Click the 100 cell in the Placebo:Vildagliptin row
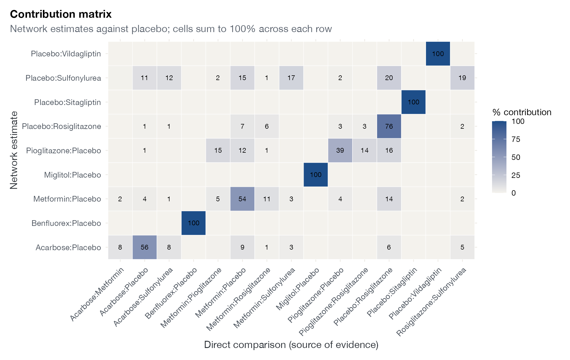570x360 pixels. click(438, 54)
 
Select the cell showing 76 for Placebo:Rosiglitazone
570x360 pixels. click(389, 126)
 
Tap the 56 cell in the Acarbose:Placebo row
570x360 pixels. click(145, 247)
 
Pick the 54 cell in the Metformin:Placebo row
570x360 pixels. click(242, 199)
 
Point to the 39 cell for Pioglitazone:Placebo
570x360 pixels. click(340, 150)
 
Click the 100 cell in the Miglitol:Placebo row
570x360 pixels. click(316, 175)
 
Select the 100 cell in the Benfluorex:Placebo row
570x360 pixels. click(193, 223)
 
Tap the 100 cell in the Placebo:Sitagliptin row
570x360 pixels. click(413, 102)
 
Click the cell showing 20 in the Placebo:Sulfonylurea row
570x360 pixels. click(389, 78)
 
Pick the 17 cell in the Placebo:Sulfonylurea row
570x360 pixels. click(291, 78)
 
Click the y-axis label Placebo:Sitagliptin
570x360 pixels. click(67, 102)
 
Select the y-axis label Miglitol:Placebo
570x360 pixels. click(73, 175)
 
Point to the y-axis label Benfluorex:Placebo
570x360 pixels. click(66, 223)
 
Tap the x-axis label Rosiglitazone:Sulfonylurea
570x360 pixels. click(431, 301)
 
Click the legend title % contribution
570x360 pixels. click(522, 112)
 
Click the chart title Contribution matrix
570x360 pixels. click(61, 14)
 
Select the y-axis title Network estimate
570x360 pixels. click(14, 150)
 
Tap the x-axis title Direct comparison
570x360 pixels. click(291, 345)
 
